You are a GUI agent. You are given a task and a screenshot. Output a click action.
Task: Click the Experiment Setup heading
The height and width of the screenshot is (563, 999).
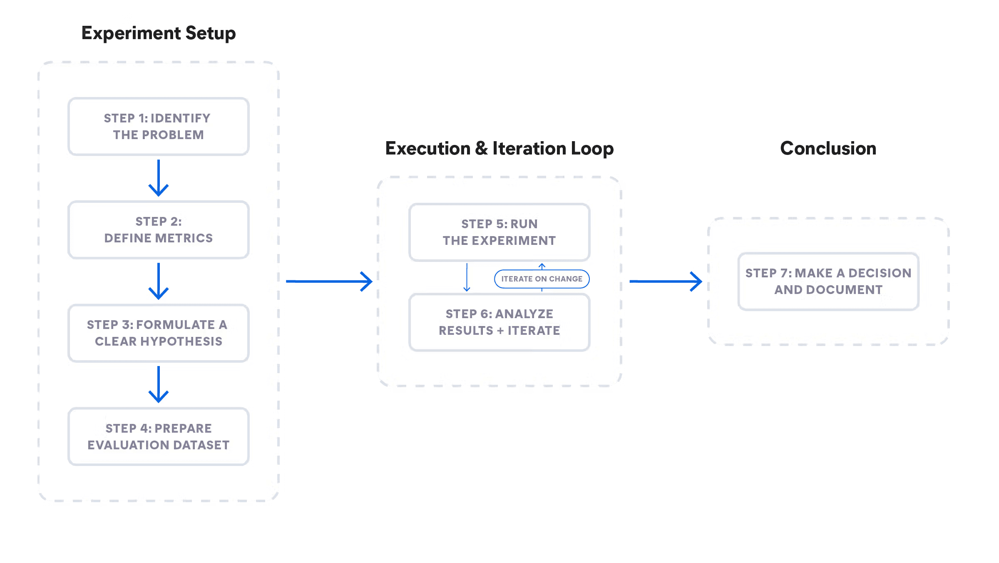tap(159, 33)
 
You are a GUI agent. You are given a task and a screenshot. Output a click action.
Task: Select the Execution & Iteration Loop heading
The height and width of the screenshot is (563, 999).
tap(499, 149)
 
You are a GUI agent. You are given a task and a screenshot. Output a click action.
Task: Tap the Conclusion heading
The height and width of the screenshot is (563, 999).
tap(828, 149)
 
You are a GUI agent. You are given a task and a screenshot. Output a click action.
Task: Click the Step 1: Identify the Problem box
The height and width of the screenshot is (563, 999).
tap(158, 127)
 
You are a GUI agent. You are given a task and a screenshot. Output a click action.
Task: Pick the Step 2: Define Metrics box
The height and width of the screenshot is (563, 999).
tap(158, 230)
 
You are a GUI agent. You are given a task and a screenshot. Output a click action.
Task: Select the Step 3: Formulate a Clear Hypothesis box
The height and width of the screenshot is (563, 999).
tap(158, 333)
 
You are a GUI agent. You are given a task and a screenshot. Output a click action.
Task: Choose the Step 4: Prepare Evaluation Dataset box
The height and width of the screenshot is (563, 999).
tap(158, 436)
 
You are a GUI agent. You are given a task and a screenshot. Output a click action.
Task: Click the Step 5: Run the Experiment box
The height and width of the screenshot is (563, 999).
tap(499, 232)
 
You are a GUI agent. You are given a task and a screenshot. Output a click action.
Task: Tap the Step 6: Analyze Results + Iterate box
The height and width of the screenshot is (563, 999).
tap(499, 322)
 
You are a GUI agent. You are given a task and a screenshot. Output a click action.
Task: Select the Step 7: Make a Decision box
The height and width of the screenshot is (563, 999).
tap(828, 281)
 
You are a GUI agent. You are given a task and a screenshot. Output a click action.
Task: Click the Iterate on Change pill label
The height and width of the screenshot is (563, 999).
tap(542, 279)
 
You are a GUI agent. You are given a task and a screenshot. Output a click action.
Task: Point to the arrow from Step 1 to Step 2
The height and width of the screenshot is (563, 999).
tap(159, 178)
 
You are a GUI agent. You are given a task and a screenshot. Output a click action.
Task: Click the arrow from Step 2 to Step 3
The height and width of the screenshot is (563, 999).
tap(159, 281)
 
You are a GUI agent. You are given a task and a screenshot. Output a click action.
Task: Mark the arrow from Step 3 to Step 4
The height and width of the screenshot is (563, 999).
tap(159, 385)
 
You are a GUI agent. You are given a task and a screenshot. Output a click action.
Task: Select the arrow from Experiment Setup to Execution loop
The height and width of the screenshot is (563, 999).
tap(329, 282)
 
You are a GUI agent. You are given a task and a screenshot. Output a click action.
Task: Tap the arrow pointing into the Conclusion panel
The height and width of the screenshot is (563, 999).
tap(666, 282)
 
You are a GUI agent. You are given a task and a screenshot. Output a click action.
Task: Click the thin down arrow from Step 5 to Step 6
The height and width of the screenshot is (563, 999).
tap(467, 277)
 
